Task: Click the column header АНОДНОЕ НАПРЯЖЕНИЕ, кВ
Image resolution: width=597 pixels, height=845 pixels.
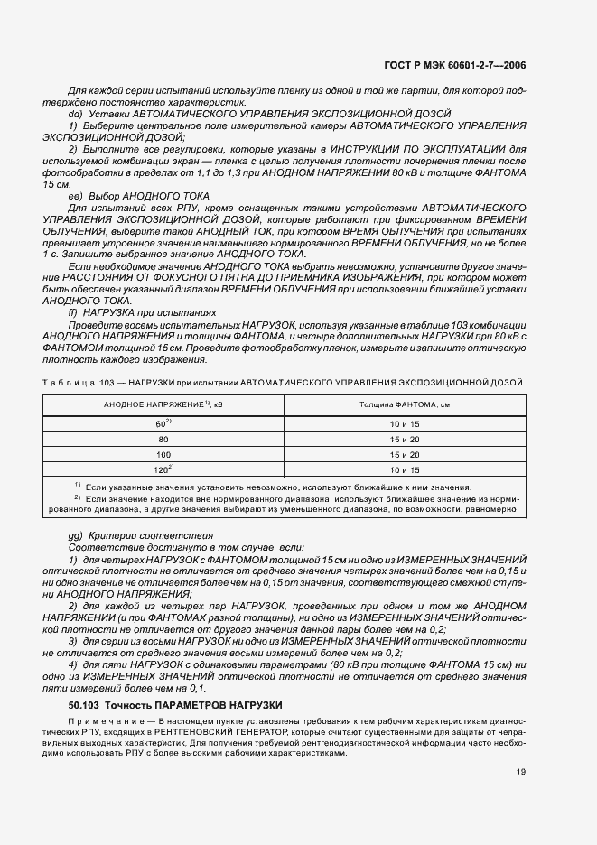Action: click(x=163, y=405)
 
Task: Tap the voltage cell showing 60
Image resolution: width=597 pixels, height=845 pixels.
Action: click(x=163, y=424)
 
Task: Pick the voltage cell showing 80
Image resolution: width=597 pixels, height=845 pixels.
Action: click(x=163, y=440)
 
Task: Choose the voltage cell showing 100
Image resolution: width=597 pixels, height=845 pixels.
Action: click(x=163, y=455)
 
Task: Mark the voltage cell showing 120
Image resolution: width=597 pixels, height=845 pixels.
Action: click(x=163, y=470)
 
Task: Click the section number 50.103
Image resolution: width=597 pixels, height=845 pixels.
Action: click(x=84, y=679)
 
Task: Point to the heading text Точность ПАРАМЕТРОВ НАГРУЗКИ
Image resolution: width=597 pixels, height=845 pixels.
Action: click(x=193, y=679)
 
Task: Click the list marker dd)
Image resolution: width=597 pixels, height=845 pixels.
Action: click(x=76, y=115)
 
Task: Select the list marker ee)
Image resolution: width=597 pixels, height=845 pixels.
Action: click(x=76, y=195)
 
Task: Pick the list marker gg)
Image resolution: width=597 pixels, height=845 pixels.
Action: click(x=76, y=535)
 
